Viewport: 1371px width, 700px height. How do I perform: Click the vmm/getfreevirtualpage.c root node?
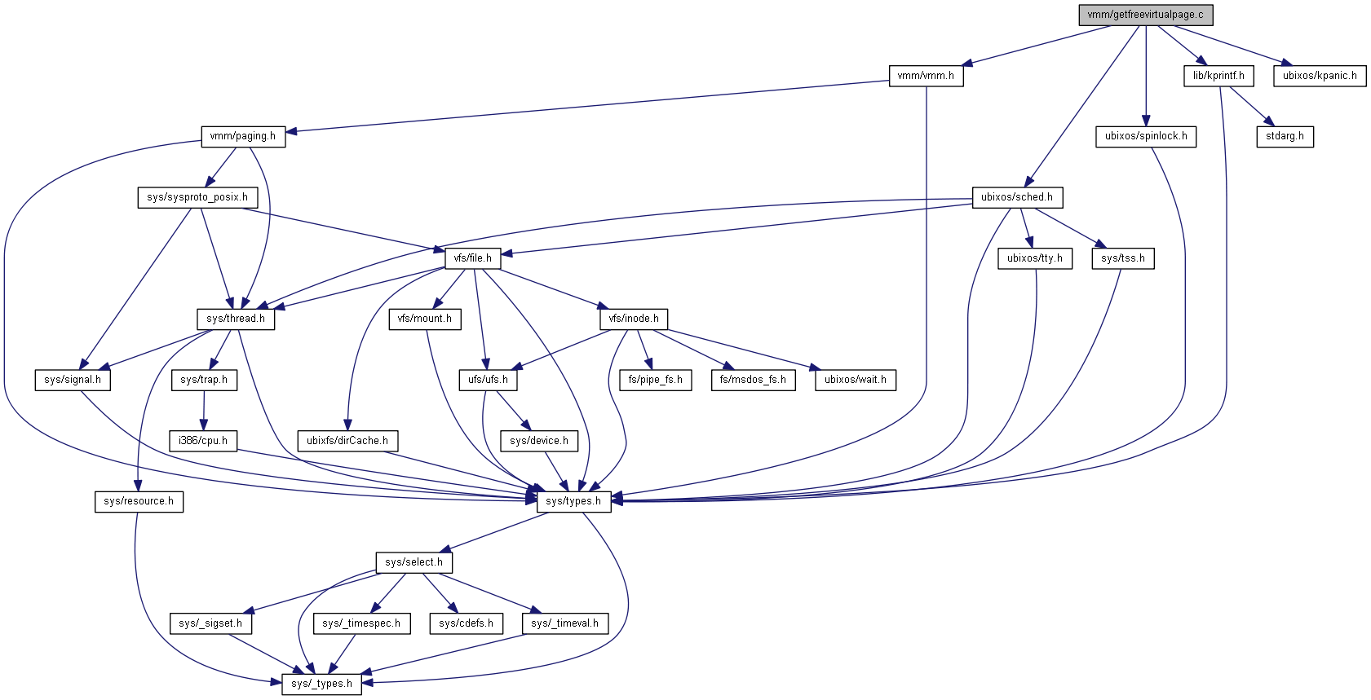tap(1145, 15)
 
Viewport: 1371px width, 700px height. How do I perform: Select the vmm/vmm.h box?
tap(925, 76)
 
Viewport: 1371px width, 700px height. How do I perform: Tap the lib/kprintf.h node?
tap(1218, 76)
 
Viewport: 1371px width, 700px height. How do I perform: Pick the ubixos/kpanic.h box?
tap(1319, 76)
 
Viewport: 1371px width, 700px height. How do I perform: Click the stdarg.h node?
tap(1285, 136)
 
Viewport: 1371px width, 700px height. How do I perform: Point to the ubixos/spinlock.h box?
tap(1145, 136)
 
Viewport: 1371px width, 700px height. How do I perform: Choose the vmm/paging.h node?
tap(242, 136)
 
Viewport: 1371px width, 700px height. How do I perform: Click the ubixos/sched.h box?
tap(1016, 197)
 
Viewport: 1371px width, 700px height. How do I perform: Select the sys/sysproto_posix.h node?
tap(197, 197)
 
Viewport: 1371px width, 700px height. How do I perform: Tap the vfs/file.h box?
tap(473, 258)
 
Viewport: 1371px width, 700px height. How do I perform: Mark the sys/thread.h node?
tap(236, 319)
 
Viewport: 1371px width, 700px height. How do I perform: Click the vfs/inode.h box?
tap(634, 319)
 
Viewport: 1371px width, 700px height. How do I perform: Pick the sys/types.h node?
tap(573, 501)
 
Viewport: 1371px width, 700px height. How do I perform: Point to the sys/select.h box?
tap(414, 562)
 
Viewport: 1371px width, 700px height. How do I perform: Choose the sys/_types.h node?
tap(322, 684)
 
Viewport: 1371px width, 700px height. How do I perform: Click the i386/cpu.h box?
tap(203, 441)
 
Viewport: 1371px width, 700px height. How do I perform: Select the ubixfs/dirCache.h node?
tap(347, 441)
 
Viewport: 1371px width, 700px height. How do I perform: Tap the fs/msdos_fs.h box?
tap(753, 380)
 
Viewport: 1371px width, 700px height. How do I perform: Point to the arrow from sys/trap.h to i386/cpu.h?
tap(204, 411)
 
